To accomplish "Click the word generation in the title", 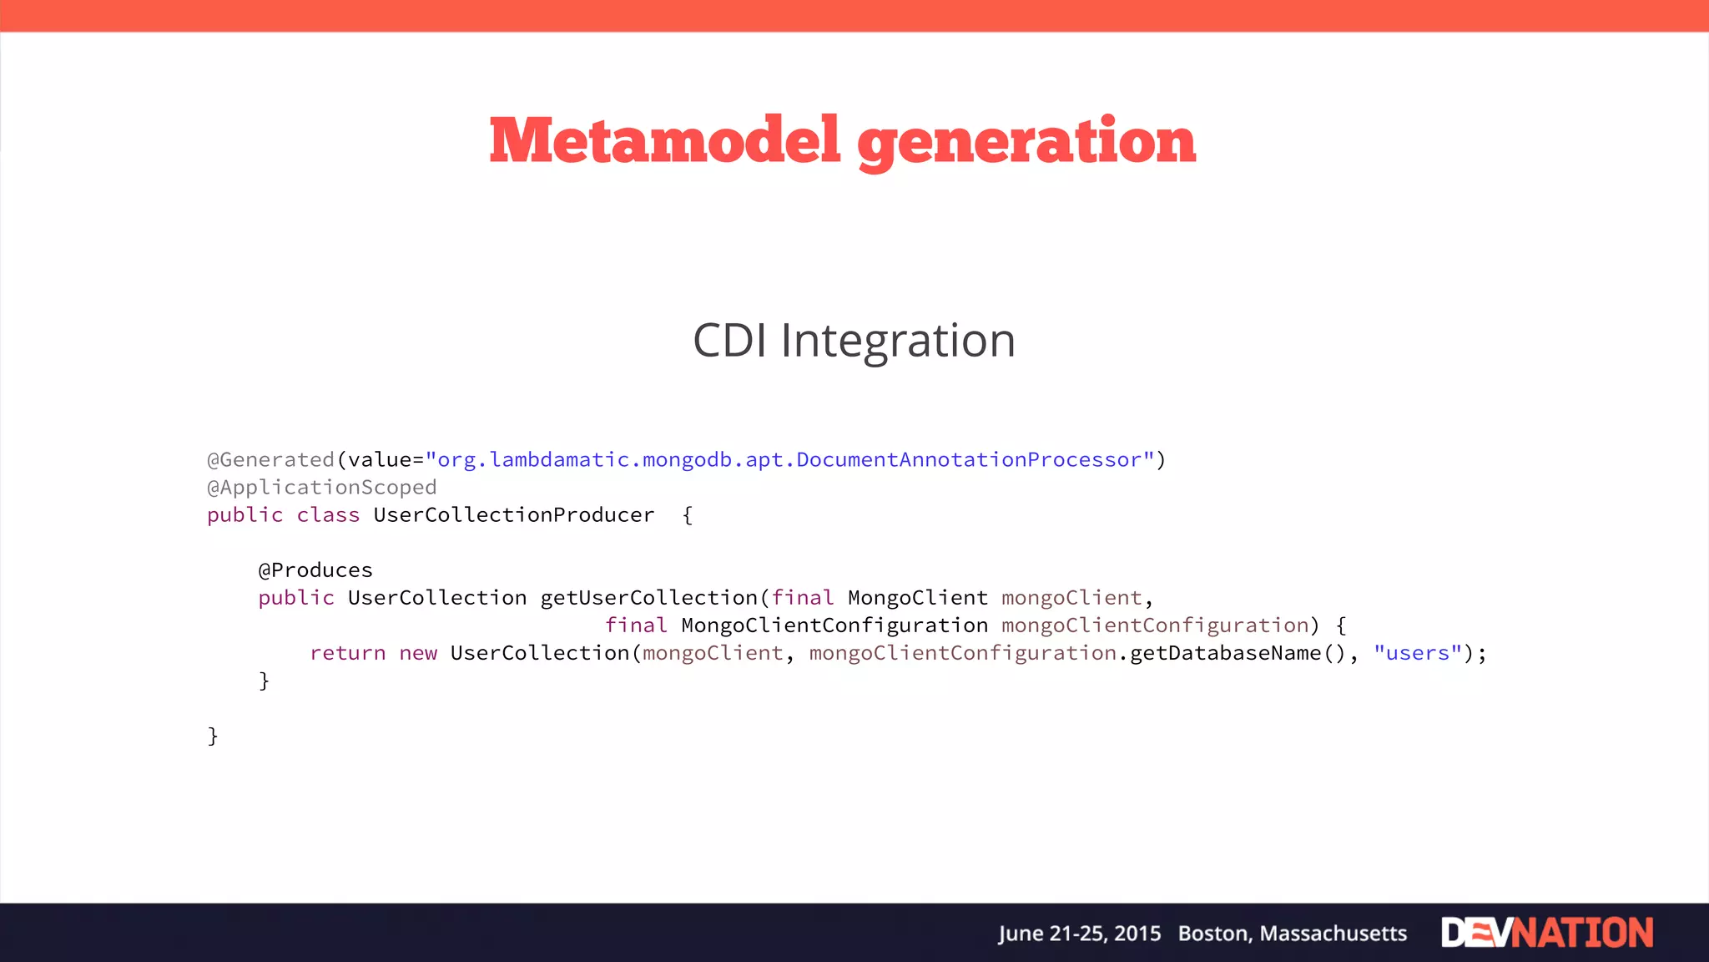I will tap(1026, 142).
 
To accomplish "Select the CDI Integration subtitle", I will tap(854, 341).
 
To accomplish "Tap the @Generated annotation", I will tap(270, 460).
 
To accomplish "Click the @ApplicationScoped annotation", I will tap(322, 488).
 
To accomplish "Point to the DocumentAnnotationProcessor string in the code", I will tap(969, 460).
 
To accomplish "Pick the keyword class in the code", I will tap(328, 515).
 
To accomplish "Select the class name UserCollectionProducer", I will tap(513, 515).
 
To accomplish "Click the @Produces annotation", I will tap(315, 570).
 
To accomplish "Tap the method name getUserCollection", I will tap(648, 598).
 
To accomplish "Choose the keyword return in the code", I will tap(347, 653).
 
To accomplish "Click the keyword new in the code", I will tap(417, 653).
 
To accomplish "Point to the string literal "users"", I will tap(1418, 653).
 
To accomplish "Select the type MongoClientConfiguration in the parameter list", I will tap(834, 625).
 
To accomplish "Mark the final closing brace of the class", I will tap(213, 736).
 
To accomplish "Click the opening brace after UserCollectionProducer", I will tap(688, 515).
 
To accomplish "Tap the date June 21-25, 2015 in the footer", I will tap(1079, 934).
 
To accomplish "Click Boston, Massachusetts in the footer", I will tap(1292, 934).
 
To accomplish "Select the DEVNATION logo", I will tap(1546, 933).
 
